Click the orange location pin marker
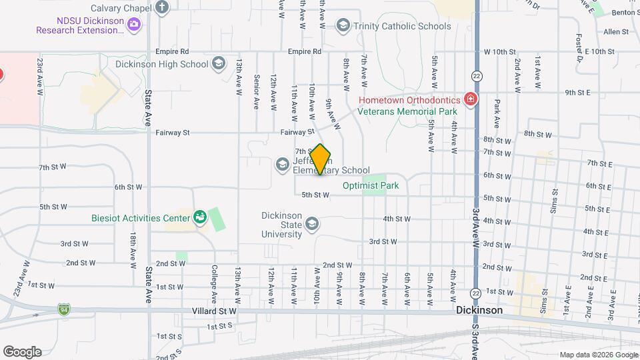320,160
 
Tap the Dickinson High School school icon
218,64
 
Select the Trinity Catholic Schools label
402,26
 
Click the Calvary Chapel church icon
162,8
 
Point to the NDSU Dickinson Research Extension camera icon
134,25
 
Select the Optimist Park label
371,186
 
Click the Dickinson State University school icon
311,225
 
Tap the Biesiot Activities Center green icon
199,217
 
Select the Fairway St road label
173,133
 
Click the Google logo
22,352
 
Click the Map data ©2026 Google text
598,355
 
